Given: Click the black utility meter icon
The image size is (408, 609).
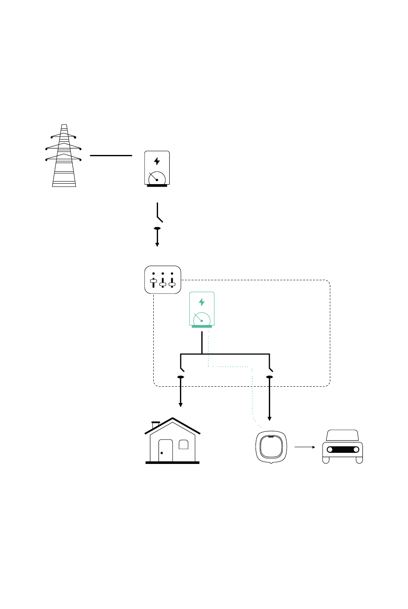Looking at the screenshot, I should tap(157, 168).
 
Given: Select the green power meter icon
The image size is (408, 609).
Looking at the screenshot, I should tap(202, 309).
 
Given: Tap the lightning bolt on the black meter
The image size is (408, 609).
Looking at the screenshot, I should tap(157, 161).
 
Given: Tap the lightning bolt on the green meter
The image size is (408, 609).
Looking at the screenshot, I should tap(202, 302).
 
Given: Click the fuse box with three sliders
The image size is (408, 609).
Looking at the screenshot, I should tap(163, 280).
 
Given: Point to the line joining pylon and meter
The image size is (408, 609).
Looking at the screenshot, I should tap(111, 155).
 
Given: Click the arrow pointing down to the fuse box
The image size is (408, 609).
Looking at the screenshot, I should tap(157, 238).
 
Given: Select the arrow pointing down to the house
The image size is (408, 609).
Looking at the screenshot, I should tap(181, 393).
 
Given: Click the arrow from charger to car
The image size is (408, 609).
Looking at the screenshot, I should tap(305, 447).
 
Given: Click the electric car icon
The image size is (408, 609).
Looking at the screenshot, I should tap(343, 447).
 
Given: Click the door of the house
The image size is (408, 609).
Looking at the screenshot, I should tap(165, 451).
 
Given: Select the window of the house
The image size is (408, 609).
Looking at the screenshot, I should tap(183, 445).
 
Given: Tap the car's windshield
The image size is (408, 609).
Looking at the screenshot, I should tap(342, 436).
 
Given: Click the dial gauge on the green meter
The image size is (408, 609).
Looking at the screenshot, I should tap(201, 320).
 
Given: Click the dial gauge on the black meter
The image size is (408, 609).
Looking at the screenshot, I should tap(157, 179).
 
